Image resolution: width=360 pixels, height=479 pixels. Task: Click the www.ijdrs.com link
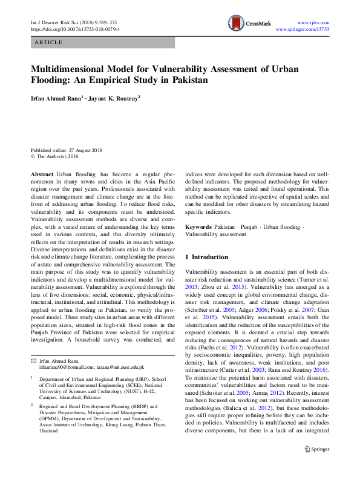pyautogui.click(x=315, y=21)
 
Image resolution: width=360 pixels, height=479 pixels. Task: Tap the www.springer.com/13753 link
pyautogui.click(x=302, y=28)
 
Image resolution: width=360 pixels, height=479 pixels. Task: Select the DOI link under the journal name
pyautogui.click(x=75, y=28)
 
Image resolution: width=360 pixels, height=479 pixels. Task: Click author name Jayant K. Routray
pyautogui.click(x=113, y=97)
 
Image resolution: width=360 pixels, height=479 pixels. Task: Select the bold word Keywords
pyautogui.click(x=198, y=226)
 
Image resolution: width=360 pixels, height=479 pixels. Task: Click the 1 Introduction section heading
pyautogui.click(x=206, y=257)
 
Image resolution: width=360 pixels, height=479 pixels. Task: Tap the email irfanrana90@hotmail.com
pyautogui.click(x=64, y=368)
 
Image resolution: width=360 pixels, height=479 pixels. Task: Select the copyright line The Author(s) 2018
pyautogui.click(x=57, y=156)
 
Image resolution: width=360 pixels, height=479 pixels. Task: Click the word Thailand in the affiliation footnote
pyautogui.click(x=50, y=431)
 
